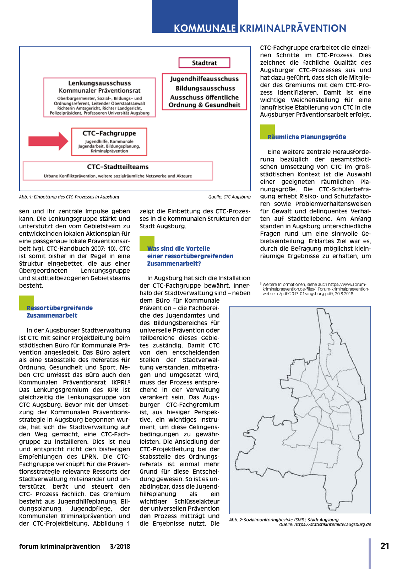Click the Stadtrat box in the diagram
point(204,63)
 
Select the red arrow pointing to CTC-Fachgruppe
point(48,141)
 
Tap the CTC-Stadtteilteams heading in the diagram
point(118,167)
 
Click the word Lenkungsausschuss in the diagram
point(99,83)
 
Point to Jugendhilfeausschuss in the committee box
point(204,79)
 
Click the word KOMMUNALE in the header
point(205,28)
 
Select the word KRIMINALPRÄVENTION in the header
point(293,28)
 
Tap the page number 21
point(385,546)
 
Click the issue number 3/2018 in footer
point(120,547)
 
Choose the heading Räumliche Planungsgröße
point(306,137)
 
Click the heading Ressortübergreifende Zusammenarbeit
point(59,312)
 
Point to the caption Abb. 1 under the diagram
point(69,197)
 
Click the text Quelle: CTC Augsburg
point(229,197)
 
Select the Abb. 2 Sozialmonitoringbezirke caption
point(284,520)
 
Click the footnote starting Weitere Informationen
point(314,289)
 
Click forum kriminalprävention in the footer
point(59,547)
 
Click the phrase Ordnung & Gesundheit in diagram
point(204,105)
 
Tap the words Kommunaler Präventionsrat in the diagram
point(99,91)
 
